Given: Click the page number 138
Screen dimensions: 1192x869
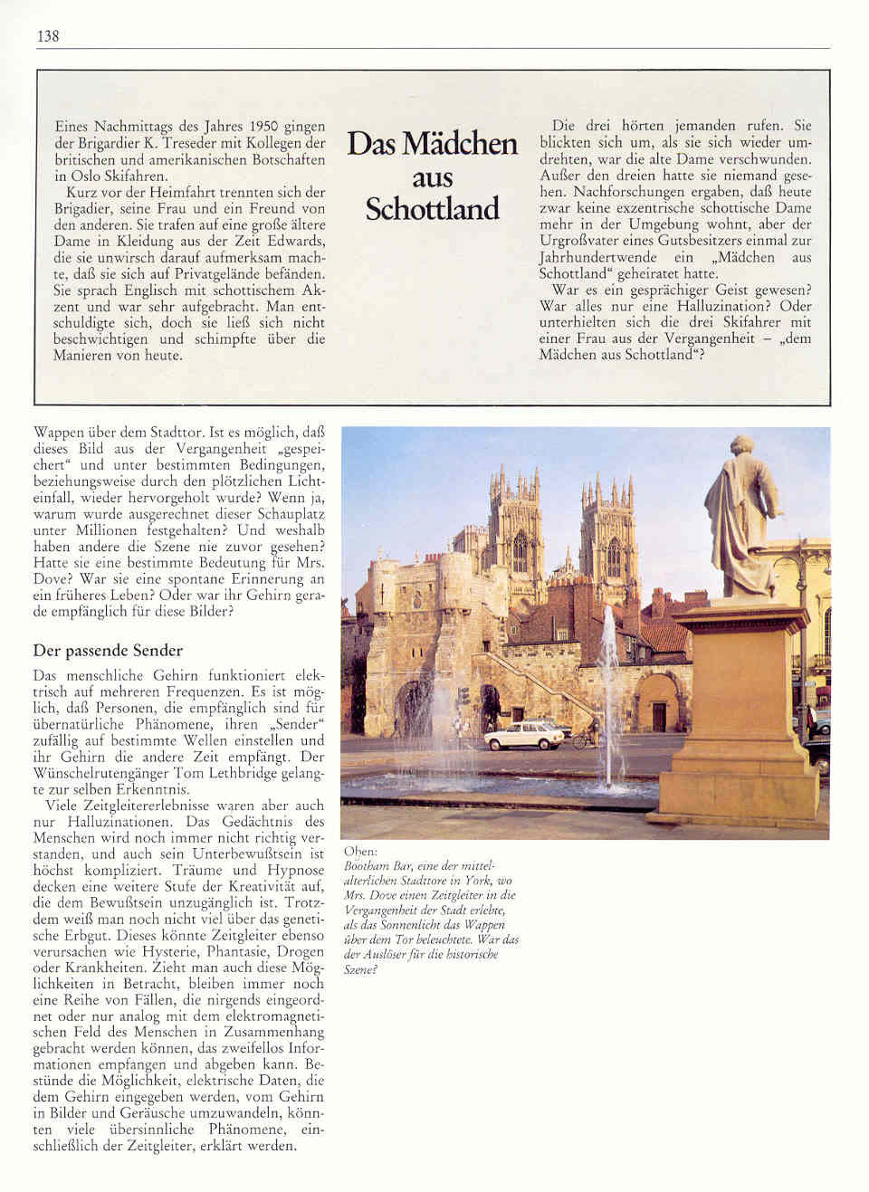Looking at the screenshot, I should click(48, 36).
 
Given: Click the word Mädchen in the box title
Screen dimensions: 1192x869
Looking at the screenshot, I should click(460, 144).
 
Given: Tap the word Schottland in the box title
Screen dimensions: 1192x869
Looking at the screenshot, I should click(432, 209).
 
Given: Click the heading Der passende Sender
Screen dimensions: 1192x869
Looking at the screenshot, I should click(108, 651).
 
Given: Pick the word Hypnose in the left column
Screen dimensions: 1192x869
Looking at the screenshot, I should click(292, 871).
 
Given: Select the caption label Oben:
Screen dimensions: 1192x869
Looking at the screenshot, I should click(361, 852).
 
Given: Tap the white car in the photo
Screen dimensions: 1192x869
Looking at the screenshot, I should click(523, 736).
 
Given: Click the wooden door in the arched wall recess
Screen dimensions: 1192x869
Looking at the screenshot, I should click(659, 716).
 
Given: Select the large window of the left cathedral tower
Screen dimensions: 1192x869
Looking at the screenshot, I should click(520, 551).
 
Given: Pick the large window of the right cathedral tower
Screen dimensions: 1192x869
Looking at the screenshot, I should click(614, 557).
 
